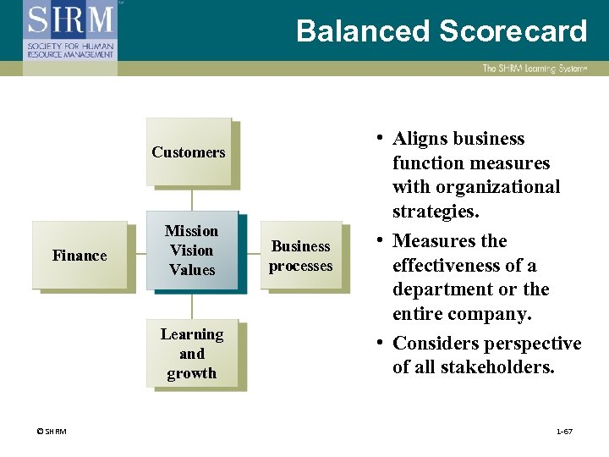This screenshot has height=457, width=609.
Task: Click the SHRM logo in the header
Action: click(x=70, y=29)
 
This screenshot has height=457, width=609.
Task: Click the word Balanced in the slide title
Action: click(x=363, y=31)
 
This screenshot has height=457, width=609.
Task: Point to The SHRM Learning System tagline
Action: click(x=534, y=69)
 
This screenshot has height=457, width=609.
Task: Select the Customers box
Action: click(x=189, y=152)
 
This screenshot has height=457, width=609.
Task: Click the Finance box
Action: click(x=80, y=255)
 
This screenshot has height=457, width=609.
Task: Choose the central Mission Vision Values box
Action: click(x=191, y=250)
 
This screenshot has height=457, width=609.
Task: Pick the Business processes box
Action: click(x=301, y=256)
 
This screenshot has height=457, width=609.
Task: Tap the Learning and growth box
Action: click(x=192, y=354)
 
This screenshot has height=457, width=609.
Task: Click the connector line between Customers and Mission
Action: click(x=192, y=199)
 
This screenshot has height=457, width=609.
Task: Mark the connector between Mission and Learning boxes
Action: click(x=192, y=305)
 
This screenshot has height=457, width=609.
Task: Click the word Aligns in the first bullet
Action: click(x=420, y=139)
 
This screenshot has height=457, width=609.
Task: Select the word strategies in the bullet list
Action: click(x=435, y=211)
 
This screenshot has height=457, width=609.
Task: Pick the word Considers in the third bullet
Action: click(x=436, y=344)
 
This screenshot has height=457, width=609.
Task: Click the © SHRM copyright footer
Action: click(x=52, y=432)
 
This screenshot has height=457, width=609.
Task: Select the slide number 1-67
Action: click(x=564, y=432)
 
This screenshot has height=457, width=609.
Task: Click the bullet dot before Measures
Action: click(x=382, y=240)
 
